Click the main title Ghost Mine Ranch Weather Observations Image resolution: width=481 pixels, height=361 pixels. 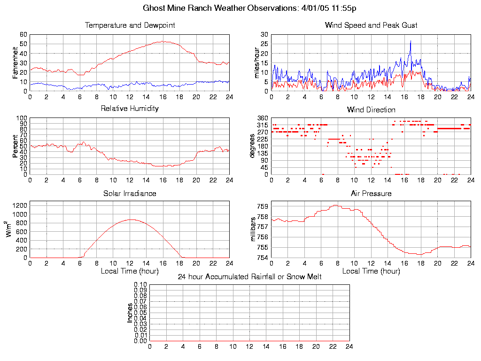pyautogui.click(x=249, y=8)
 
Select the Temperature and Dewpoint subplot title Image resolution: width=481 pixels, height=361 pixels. pyautogui.click(x=130, y=25)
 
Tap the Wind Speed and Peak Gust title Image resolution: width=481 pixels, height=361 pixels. pyautogui.click(x=371, y=25)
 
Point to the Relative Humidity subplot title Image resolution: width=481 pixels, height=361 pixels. pyautogui.click(x=130, y=109)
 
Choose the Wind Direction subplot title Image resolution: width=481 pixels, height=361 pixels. pyautogui.click(x=371, y=110)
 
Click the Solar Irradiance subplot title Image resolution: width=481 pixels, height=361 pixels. pyautogui.click(x=130, y=193)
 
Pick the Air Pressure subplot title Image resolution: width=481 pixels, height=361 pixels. pyautogui.click(x=371, y=193)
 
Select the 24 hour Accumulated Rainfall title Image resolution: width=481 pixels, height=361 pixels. pyautogui.click(x=249, y=277)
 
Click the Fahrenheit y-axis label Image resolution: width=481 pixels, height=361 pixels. pyautogui.click(x=16, y=63)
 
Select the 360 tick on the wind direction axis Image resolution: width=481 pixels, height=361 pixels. pyautogui.click(x=263, y=118)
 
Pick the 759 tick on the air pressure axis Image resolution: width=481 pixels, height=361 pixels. pyautogui.click(x=263, y=206)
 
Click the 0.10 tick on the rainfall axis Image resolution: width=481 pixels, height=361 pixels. pyautogui.click(x=140, y=285)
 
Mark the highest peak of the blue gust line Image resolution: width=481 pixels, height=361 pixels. pyautogui.click(x=411, y=41)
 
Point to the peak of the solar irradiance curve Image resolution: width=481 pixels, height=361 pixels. pyautogui.click(x=130, y=220)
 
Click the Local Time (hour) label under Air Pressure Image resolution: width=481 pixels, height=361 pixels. pyautogui.click(x=371, y=271)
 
